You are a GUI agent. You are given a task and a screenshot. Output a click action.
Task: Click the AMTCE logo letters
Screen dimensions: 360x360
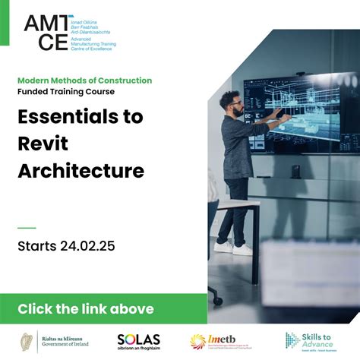coord(47,33)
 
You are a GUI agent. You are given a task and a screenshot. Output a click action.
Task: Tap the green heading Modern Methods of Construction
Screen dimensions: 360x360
coord(84,81)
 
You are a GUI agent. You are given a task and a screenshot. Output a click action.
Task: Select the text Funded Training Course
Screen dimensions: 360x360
coord(66,92)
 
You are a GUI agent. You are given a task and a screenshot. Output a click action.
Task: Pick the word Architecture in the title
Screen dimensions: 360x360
coord(81,171)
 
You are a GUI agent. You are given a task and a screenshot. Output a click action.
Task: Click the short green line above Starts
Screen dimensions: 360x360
coord(27,227)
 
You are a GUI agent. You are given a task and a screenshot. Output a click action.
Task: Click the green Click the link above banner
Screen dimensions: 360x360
coord(85,309)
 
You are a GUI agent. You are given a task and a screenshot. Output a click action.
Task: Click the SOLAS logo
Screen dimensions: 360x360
coord(137,341)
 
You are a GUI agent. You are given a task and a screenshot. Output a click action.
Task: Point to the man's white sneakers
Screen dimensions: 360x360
coord(232,247)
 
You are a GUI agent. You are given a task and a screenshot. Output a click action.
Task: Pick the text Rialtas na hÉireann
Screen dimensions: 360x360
coord(63,337)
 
